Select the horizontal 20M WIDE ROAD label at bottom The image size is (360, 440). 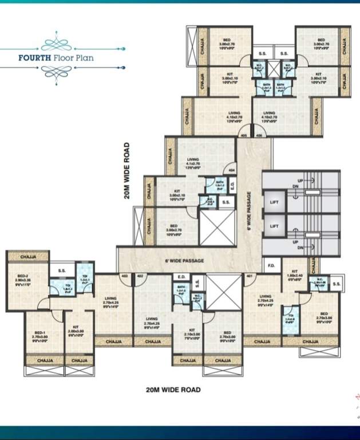point(173,390)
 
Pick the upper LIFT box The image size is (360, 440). point(274,202)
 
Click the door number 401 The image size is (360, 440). point(249,276)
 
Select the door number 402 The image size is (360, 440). point(139,276)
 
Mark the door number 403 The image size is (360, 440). point(124,276)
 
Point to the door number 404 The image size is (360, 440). point(232,171)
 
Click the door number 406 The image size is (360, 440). point(258,136)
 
